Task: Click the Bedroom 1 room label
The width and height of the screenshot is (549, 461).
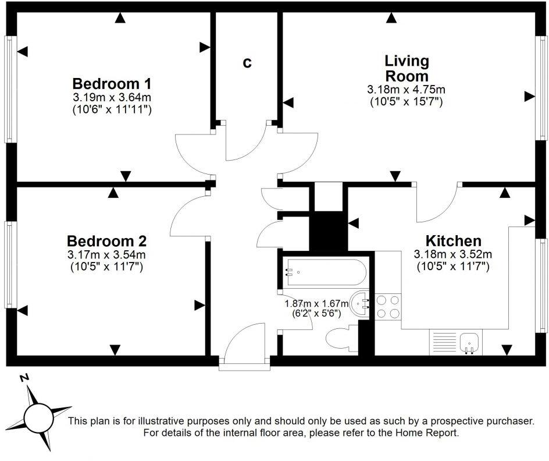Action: click(x=112, y=82)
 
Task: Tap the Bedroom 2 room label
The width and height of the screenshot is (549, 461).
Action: click(x=106, y=240)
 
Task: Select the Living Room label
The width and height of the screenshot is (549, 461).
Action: click(x=407, y=68)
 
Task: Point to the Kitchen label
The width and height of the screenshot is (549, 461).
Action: click(x=453, y=240)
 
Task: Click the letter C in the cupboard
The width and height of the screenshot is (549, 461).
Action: click(x=247, y=63)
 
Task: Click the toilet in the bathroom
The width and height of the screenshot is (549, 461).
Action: click(x=341, y=339)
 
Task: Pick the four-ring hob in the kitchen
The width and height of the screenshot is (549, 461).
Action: click(x=388, y=306)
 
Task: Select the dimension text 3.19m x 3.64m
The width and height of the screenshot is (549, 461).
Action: click(x=112, y=97)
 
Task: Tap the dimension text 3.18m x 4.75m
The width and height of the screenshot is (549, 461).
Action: click(x=406, y=90)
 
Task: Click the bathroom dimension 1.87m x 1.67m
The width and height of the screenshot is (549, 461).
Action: click(x=315, y=303)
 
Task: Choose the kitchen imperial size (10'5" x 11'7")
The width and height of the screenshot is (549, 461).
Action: click(x=452, y=267)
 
